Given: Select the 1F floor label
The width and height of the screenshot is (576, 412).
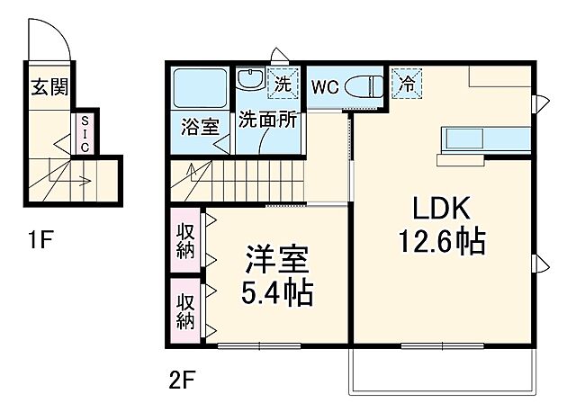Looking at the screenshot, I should [40, 240].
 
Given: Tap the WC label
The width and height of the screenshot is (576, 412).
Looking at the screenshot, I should [324, 87].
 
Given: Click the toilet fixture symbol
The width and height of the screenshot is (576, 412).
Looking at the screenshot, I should [365, 87].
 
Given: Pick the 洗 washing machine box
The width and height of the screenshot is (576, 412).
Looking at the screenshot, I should [283, 83].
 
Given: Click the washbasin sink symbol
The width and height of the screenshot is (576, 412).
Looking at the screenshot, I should [250, 80].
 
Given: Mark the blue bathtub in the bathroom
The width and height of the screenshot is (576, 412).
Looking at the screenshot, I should [199, 89].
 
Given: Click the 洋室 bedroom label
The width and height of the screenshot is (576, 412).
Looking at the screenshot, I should [279, 261].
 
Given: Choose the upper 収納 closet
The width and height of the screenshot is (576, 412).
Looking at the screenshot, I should [184, 239].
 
